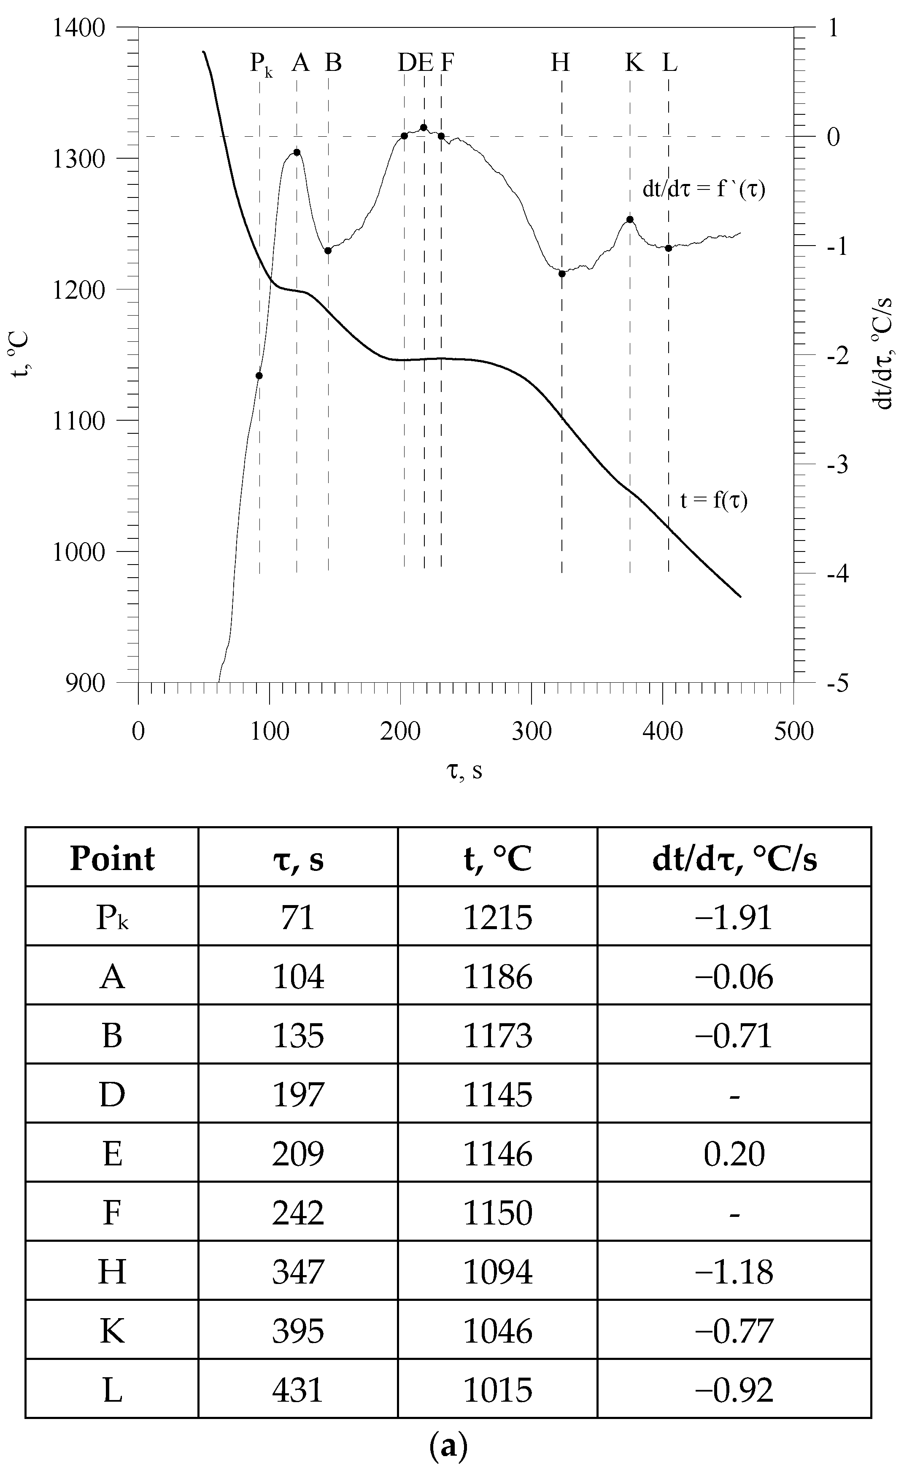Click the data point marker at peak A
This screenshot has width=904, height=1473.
point(297,152)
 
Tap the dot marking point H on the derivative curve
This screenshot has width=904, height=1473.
point(562,274)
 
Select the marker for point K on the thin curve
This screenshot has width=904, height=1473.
point(629,219)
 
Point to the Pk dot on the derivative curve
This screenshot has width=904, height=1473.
point(259,376)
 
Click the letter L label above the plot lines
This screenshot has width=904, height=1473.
point(669,62)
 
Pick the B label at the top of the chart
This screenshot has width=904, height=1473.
point(333,62)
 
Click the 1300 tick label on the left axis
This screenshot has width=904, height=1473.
point(79,159)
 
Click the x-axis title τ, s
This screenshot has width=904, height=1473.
point(464,771)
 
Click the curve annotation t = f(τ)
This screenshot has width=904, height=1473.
point(714,500)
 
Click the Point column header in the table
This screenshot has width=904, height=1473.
point(112,859)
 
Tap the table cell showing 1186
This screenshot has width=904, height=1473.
point(497,977)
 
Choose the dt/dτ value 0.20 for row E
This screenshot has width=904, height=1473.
point(734,1154)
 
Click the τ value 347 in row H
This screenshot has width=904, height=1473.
point(298,1271)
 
